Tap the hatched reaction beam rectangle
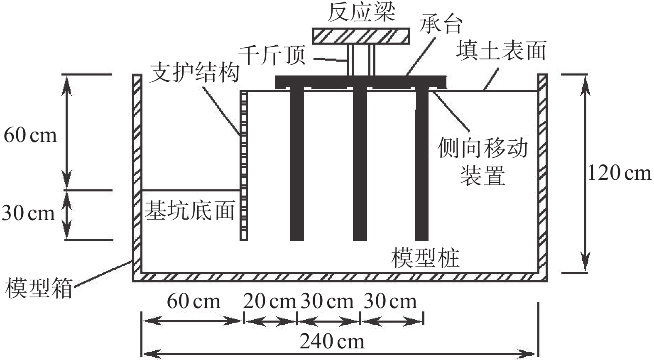coord(361,36)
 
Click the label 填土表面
coord(501,51)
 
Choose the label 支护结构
coord(194,73)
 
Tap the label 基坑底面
coord(190,211)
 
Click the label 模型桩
coord(425,258)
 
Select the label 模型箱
coord(39,288)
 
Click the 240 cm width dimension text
coord(332,342)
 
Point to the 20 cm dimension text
coord(269,301)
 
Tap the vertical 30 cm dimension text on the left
coord(28,213)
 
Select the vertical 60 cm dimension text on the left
coord(30,135)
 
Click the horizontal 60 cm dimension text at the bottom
coord(194,301)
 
